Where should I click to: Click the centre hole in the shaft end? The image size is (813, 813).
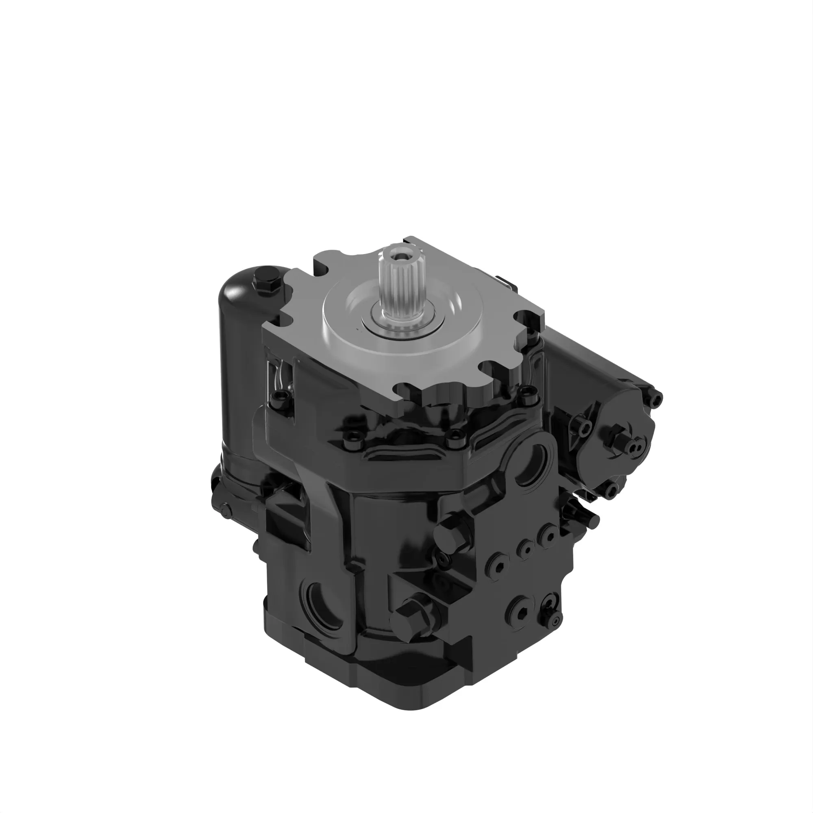(x=397, y=253)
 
